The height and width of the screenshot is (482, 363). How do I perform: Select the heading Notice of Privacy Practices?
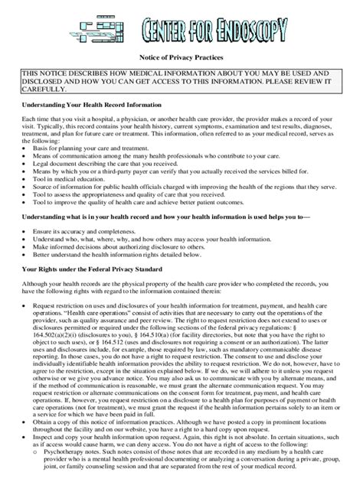[x=181, y=57]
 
